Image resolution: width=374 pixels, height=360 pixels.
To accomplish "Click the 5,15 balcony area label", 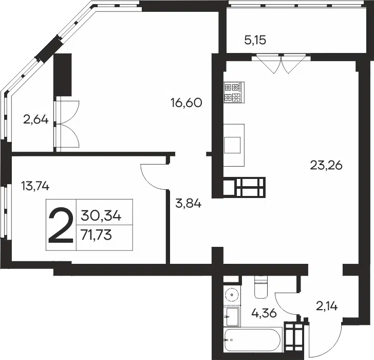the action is pos(255,40).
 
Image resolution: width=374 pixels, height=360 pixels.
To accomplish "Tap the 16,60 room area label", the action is pos(186,103).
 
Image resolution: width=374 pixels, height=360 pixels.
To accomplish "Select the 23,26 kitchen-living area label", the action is pos(326,165).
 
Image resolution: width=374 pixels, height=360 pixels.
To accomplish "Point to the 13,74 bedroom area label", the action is pos(35,186).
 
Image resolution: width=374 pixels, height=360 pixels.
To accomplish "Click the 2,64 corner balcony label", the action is pos(36,119).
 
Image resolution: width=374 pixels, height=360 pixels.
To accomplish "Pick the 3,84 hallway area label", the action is pos(188,204).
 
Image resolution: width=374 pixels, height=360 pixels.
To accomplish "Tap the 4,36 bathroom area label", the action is pos(264,313).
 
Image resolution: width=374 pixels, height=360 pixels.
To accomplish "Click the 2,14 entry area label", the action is pos(327,307).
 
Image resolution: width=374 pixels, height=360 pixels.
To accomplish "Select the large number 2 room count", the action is pos(61,225).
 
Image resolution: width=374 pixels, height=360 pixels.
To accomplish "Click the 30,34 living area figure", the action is pos(101,215).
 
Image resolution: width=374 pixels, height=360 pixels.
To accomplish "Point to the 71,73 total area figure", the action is pos(96,235).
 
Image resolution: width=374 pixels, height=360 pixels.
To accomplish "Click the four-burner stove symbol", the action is pos(234,93).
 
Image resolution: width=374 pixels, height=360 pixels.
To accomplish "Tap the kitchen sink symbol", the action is pos(232,145).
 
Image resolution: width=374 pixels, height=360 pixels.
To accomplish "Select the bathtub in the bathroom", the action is pos(253,340).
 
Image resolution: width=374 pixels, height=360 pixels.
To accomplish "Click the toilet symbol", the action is pos(261,287).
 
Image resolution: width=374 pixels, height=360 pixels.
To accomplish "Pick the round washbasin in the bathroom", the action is pos(232,294).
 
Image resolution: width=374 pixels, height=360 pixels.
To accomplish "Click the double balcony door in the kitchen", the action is pos(282,64).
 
